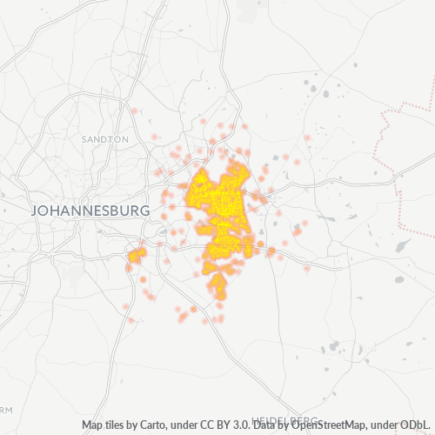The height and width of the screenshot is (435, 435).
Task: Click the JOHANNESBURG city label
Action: point(90,211)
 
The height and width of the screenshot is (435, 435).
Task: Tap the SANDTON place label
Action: point(104,139)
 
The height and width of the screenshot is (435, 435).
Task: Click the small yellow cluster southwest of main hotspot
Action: point(136,256)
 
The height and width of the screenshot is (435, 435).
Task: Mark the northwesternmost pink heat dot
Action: point(134,111)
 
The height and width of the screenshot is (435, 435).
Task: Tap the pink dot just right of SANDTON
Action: point(154,137)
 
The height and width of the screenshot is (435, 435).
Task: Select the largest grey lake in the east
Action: point(403,246)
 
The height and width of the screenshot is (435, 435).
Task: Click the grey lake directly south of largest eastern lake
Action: point(398,280)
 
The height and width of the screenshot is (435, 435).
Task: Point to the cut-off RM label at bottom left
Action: point(7,410)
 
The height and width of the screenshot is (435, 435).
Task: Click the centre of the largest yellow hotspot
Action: point(217,204)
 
